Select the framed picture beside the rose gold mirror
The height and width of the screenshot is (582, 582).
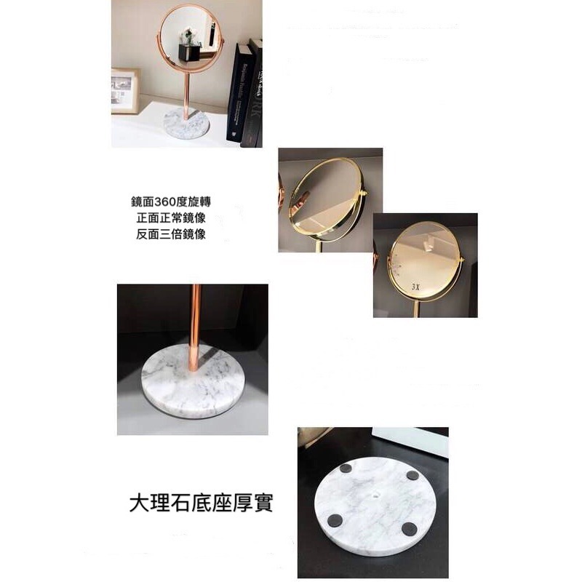[124, 91]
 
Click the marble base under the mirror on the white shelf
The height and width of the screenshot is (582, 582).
[181, 124]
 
